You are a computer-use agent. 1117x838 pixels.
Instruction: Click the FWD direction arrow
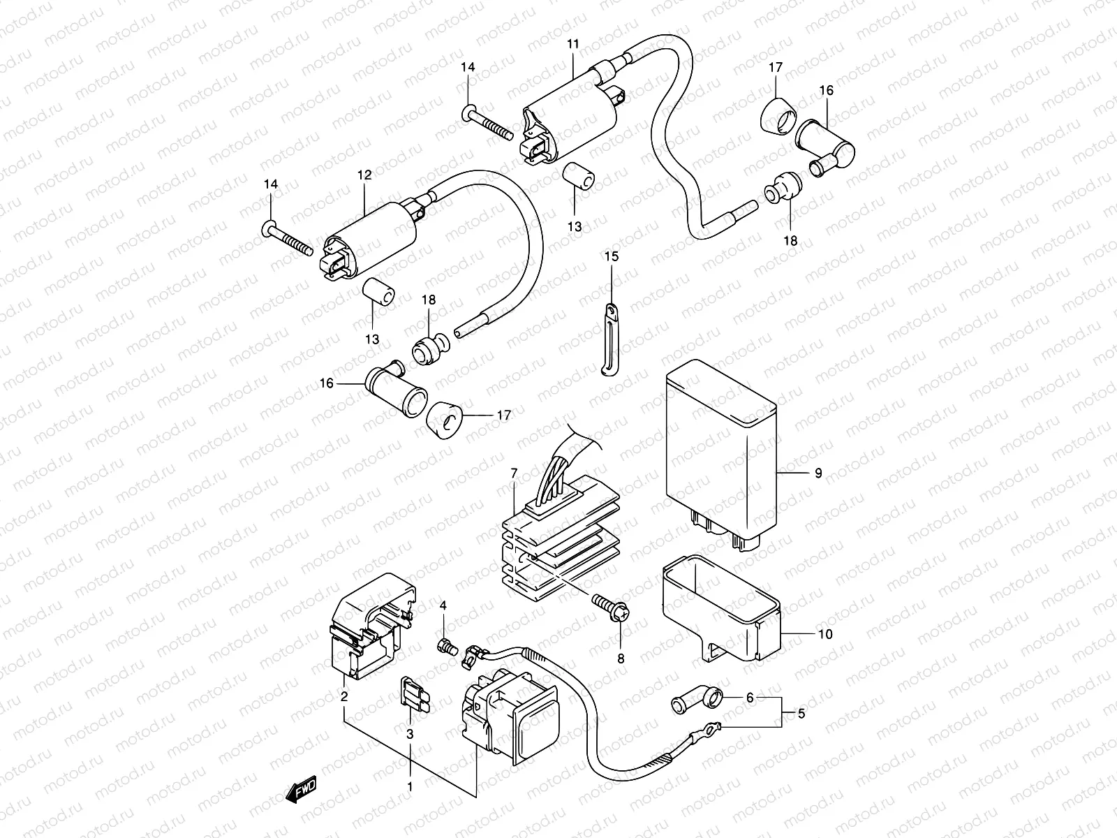302,787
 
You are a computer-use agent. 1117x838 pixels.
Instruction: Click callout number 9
818,473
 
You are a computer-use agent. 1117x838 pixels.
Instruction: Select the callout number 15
611,257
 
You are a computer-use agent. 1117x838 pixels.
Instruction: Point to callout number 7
514,473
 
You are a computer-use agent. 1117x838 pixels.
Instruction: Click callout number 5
801,714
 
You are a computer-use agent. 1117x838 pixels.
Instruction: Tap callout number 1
410,786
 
